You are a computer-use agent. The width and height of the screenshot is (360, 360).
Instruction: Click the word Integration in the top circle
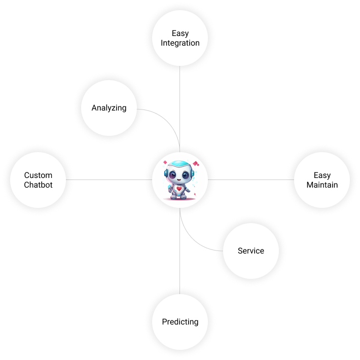180,43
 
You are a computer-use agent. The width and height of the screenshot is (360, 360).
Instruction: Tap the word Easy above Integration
180,33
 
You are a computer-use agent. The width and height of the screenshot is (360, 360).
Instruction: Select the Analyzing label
109,108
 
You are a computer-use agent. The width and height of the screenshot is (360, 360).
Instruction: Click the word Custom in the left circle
38,175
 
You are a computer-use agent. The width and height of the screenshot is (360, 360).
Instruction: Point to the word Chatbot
38,185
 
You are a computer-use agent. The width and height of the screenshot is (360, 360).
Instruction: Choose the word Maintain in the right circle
322,185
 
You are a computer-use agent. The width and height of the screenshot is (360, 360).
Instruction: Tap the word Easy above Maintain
322,175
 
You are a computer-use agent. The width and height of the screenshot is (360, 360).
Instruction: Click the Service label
251,250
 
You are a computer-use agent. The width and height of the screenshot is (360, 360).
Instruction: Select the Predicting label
180,321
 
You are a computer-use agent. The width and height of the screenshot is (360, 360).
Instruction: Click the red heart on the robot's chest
179,189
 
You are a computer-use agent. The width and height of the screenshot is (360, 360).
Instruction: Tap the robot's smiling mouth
178,180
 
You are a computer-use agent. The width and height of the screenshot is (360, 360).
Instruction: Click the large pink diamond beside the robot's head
195,164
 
